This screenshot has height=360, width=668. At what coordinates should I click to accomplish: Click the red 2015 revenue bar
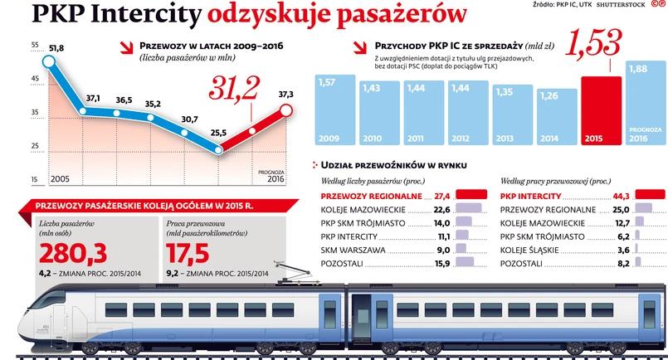click(x=602, y=109)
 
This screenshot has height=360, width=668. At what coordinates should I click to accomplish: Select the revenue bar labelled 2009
click(x=333, y=109)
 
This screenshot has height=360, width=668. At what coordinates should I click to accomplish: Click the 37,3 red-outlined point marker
click(x=286, y=110)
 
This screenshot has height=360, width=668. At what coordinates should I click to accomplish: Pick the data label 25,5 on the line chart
click(x=219, y=133)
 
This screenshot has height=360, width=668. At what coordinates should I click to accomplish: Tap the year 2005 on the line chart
click(x=60, y=179)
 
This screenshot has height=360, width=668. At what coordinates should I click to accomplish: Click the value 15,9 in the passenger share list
click(x=441, y=264)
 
